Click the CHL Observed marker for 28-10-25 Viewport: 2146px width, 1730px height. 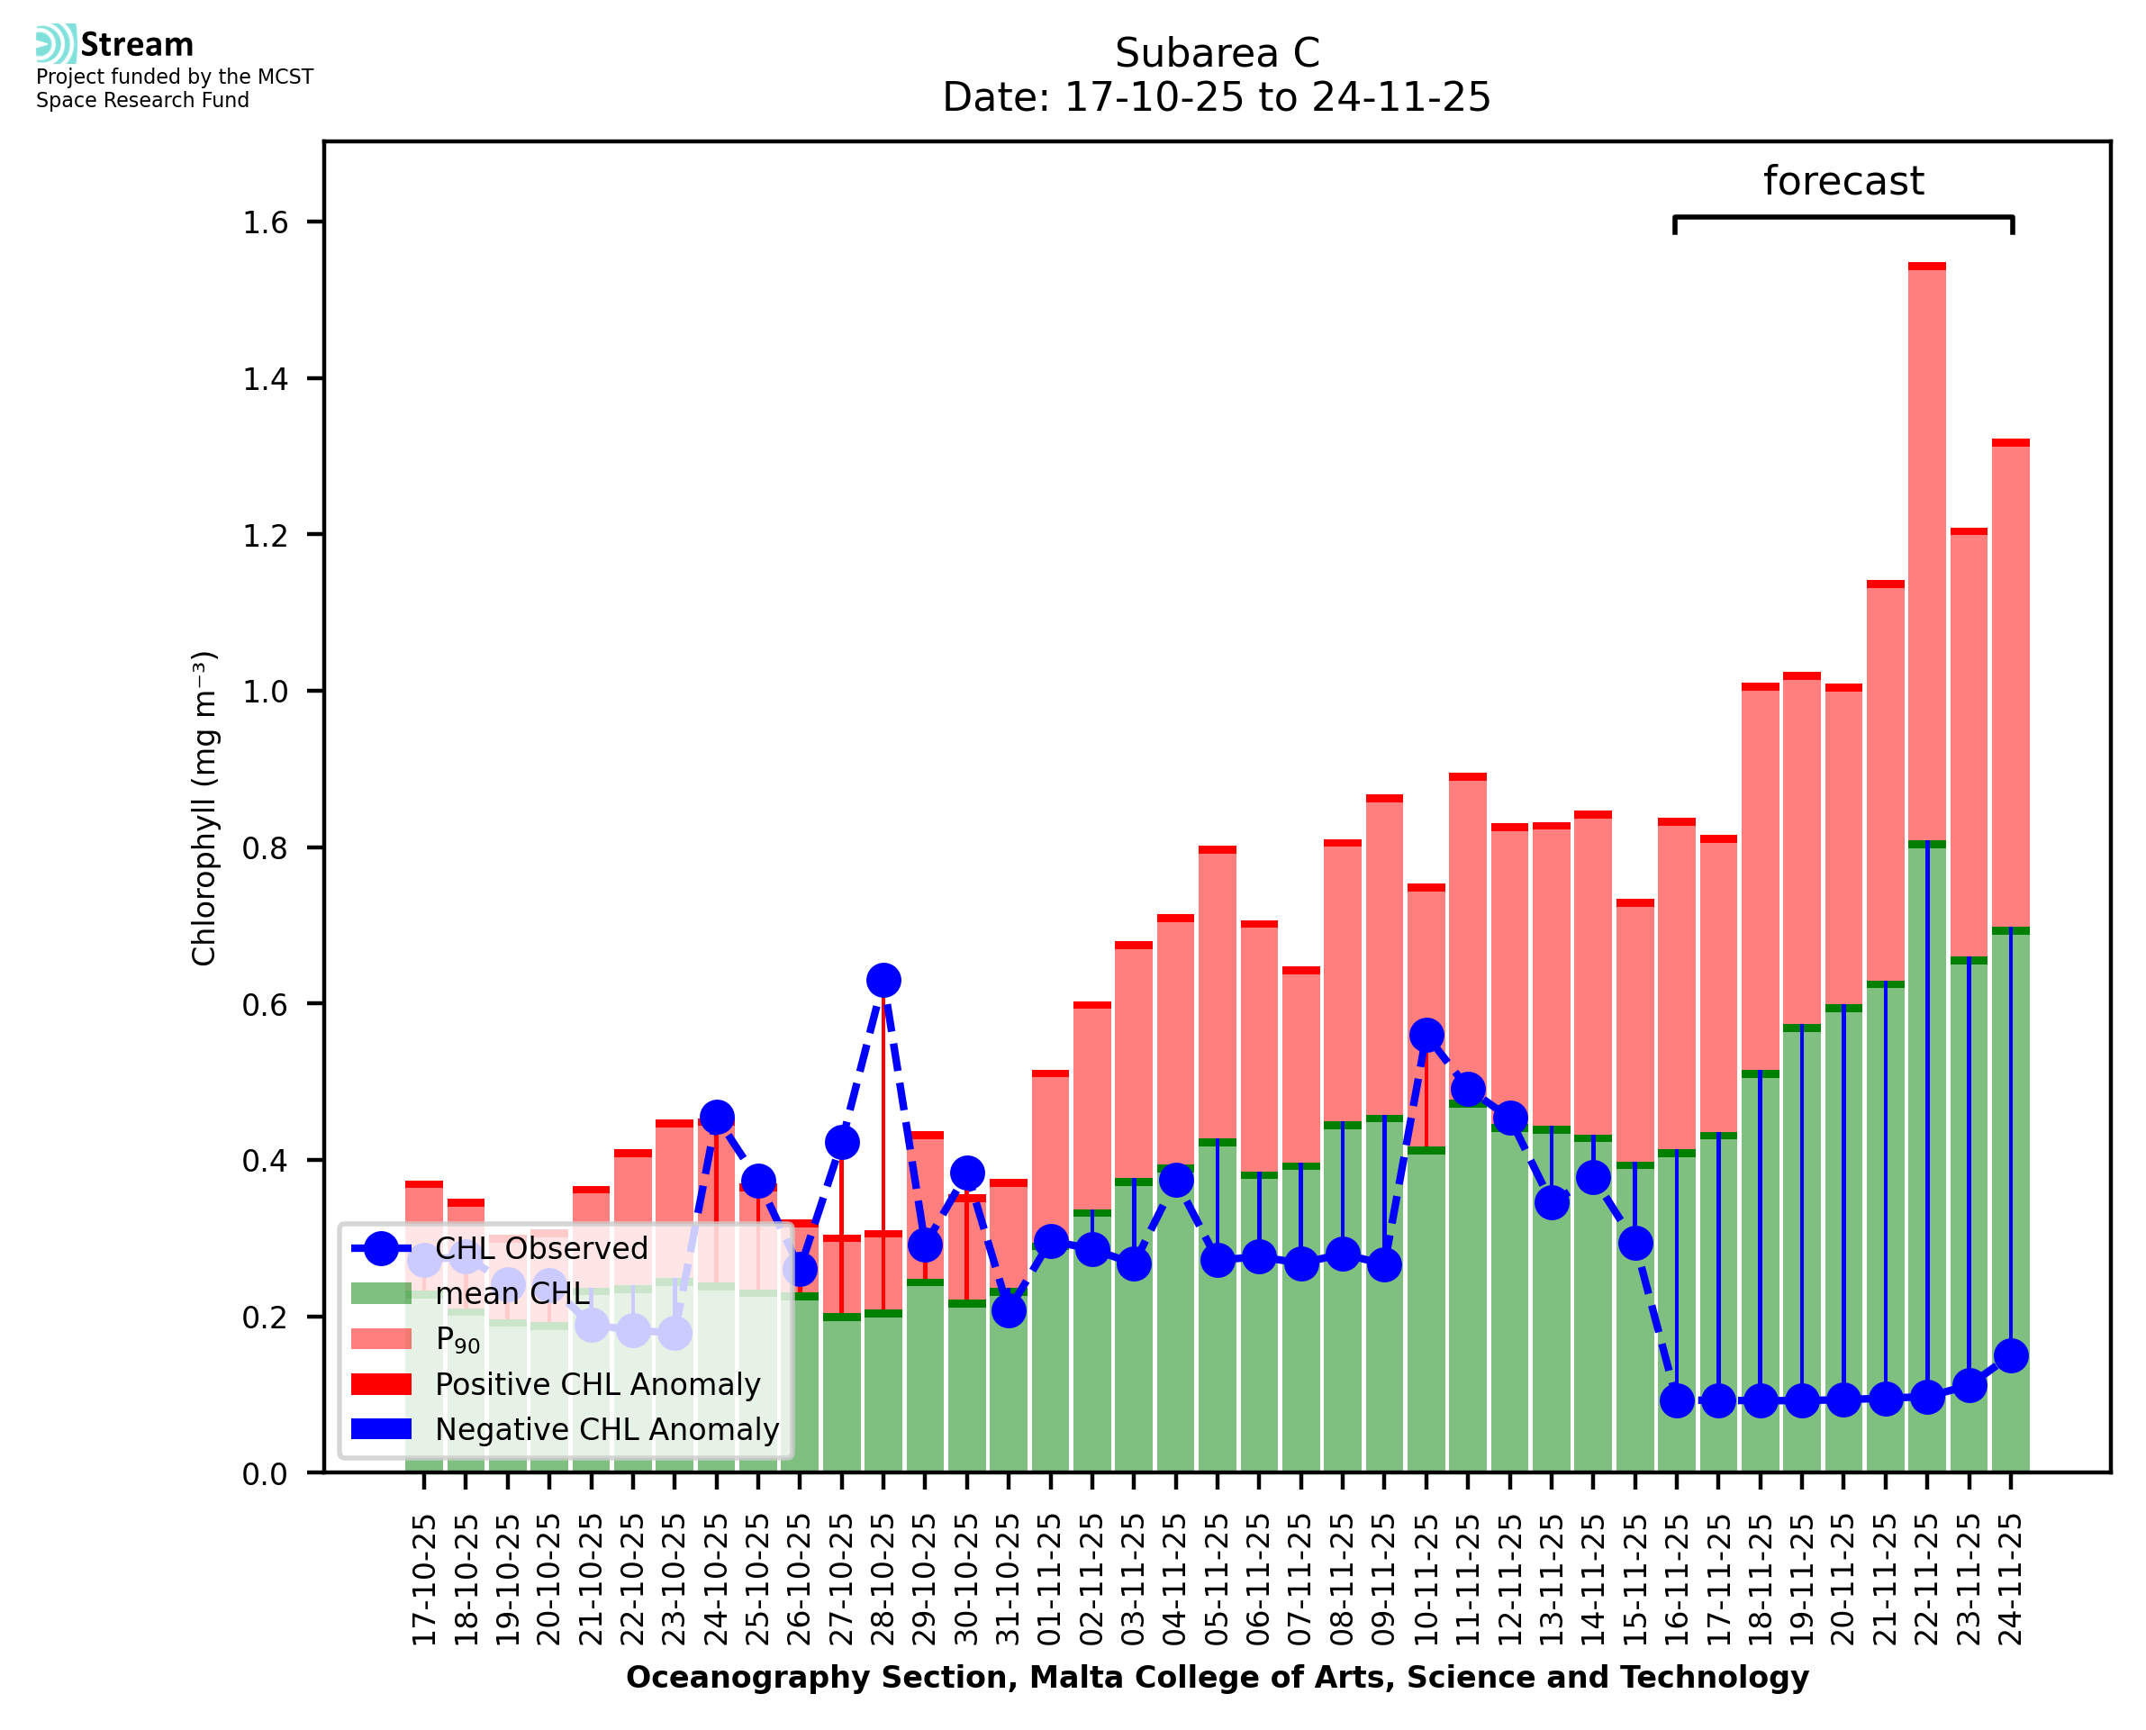(883, 981)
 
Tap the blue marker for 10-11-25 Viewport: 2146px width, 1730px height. (1426, 1036)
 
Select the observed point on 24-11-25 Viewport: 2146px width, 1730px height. (2011, 1355)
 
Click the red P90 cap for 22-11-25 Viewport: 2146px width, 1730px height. (1927, 266)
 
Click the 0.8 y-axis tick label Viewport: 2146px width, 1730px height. (264, 848)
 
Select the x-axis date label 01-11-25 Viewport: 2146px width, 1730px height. (1050, 1581)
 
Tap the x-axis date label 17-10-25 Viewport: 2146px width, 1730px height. (424, 1581)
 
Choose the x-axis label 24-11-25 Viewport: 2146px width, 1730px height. (2011, 1581)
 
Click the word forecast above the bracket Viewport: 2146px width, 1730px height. (1843, 181)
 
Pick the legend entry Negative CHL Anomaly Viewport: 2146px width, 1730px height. (607, 1429)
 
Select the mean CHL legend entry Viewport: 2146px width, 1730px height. (512, 1293)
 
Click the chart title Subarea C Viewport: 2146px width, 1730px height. (1217, 53)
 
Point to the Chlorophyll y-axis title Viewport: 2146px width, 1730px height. (204, 808)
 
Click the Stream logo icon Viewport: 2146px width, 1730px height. (56, 44)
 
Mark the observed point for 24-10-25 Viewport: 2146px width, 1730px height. (716, 1117)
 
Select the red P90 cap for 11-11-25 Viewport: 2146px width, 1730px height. (1468, 776)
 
